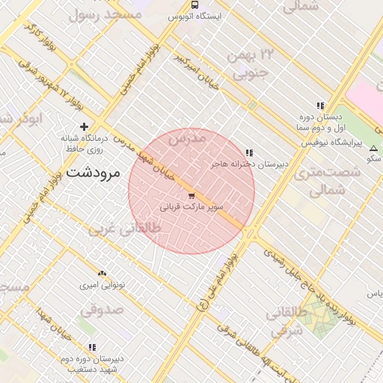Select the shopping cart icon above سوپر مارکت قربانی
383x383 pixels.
coord(191,195)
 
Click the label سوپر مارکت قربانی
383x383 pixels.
coord(191,206)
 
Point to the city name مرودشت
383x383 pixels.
coord(94,171)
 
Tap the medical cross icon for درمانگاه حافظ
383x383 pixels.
coord(84,127)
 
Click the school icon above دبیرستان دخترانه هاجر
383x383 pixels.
coord(249,152)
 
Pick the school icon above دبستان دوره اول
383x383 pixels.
coord(320,106)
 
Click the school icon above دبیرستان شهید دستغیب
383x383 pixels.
coord(92,347)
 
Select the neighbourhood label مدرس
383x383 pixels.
coord(187,139)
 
